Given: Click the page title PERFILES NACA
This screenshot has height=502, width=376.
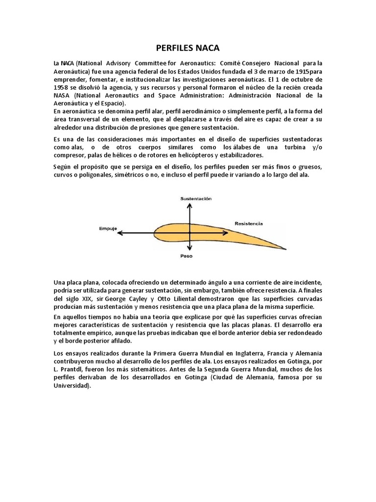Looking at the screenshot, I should click(188, 48).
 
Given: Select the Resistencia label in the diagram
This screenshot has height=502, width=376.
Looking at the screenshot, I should click(248, 223).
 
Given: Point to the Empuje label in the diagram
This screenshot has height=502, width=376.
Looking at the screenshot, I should click(107, 227).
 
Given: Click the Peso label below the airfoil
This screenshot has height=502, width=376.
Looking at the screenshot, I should click(186, 256).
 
